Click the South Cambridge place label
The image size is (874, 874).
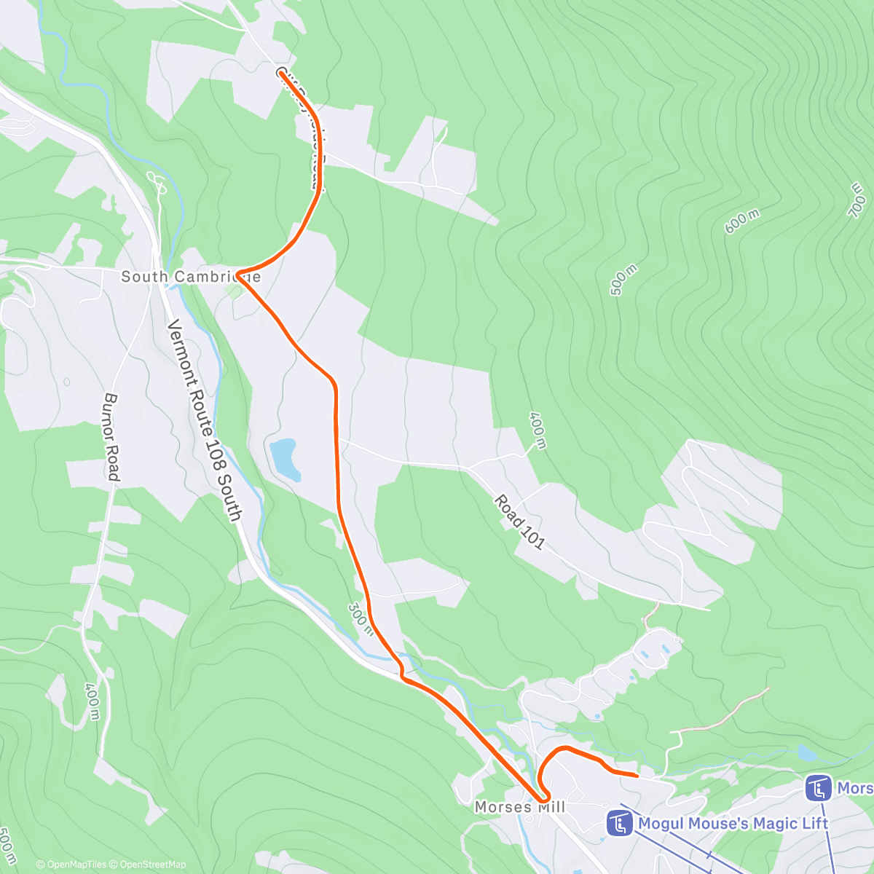point(190,277)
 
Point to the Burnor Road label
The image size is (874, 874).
point(111,437)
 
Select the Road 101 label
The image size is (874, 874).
point(519,521)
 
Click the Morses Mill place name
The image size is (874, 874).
point(519,807)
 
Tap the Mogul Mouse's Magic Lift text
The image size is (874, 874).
point(733,823)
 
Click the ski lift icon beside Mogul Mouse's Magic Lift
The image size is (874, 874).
point(620,824)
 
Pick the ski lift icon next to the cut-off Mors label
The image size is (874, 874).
point(819,787)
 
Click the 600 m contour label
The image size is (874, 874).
point(742,221)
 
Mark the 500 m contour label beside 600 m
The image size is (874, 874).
point(624,279)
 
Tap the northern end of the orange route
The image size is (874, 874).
point(280,71)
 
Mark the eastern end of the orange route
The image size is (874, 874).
point(637,776)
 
